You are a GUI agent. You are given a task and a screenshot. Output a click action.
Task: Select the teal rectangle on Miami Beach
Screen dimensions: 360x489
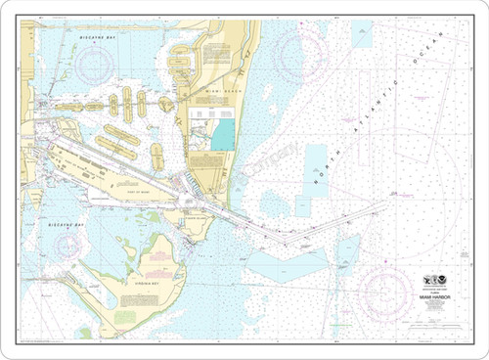pyautogui.click(x=223, y=135)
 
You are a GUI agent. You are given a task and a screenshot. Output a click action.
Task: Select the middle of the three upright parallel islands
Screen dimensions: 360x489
pyautogui.click(x=127, y=101)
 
